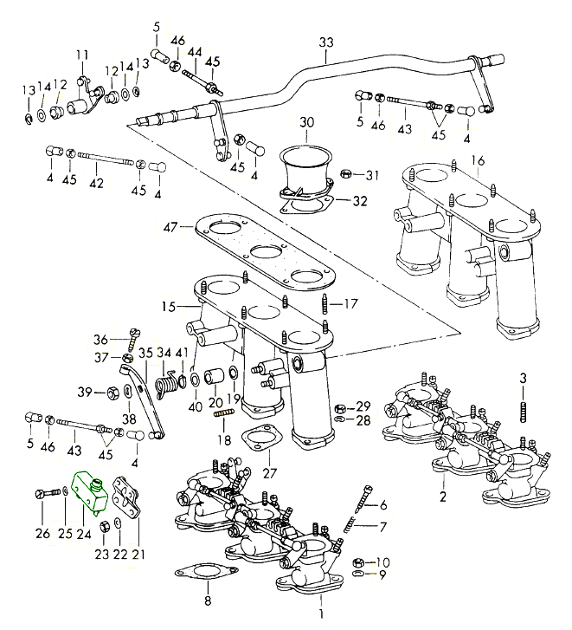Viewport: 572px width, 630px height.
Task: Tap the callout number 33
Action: coord(325,42)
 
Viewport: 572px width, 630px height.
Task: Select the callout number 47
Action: coord(170,227)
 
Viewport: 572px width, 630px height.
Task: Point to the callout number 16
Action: coord(478,160)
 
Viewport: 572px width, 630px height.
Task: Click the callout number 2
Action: coord(443,497)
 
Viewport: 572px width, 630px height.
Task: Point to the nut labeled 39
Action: coord(113,393)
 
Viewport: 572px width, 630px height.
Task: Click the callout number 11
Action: coord(81,55)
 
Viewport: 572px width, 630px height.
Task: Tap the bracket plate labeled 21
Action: coord(130,499)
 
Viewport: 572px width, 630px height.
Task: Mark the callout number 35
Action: coord(145,353)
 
